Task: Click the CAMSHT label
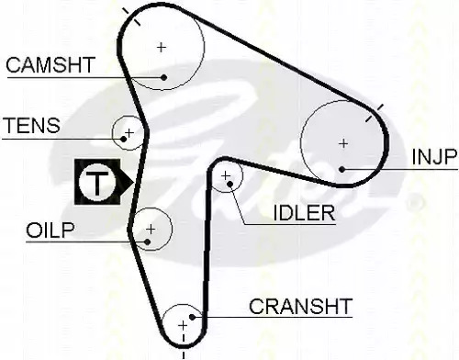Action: (50, 65)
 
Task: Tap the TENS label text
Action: (32, 125)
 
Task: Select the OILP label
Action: (50, 231)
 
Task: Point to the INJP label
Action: (434, 157)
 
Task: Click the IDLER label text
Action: (304, 213)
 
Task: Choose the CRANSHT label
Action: (300, 306)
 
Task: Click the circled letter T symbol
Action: (97, 182)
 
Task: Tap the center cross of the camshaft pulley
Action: (162, 48)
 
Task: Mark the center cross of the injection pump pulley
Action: (343, 143)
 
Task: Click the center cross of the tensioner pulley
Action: (129, 133)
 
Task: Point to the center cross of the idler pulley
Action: (226, 175)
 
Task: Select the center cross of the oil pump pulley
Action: (151, 229)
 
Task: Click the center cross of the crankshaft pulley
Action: (183, 325)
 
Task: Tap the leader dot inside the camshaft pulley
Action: (164, 77)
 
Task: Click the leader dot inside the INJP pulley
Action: (342, 169)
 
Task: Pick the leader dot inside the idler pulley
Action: (230, 184)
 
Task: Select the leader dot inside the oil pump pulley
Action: (148, 242)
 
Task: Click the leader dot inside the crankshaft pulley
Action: (192, 317)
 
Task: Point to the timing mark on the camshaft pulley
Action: (131, 17)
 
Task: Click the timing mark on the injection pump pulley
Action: (375, 113)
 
